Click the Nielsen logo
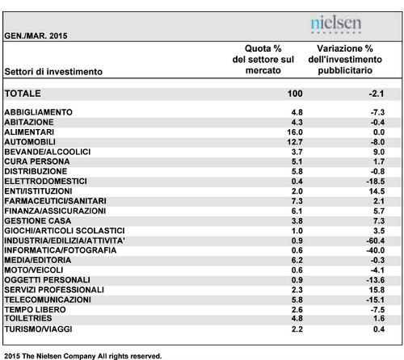coord(336,24)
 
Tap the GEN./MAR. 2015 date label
coord(36,36)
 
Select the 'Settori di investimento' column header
coord(53,72)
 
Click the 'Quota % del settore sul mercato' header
coord(263,60)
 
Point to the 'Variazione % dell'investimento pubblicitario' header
coord(345,60)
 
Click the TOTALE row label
coord(23,94)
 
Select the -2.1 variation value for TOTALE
coord(377,94)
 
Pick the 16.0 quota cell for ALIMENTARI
coord(295,132)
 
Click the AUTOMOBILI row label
coord(30,142)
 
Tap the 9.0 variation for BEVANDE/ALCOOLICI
coord(379,152)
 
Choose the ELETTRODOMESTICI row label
coord(45,182)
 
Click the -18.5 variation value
coord(375,182)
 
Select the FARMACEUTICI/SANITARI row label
coord(55,201)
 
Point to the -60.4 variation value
coord(375,241)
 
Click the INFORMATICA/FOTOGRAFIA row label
coord(61,250)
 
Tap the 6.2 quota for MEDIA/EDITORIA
coord(297,260)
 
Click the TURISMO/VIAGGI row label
coord(38,329)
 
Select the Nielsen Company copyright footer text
coord(83,356)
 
